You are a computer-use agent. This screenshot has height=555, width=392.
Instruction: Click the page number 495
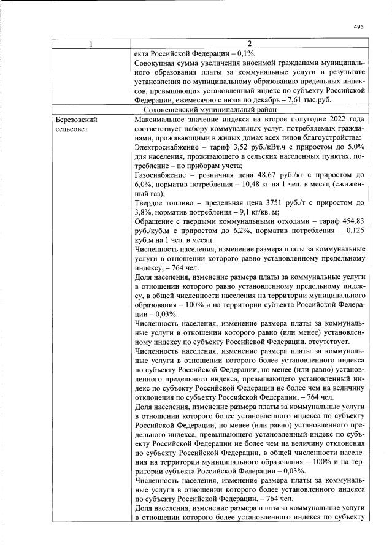pyautogui.click(x=359, y=26)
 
